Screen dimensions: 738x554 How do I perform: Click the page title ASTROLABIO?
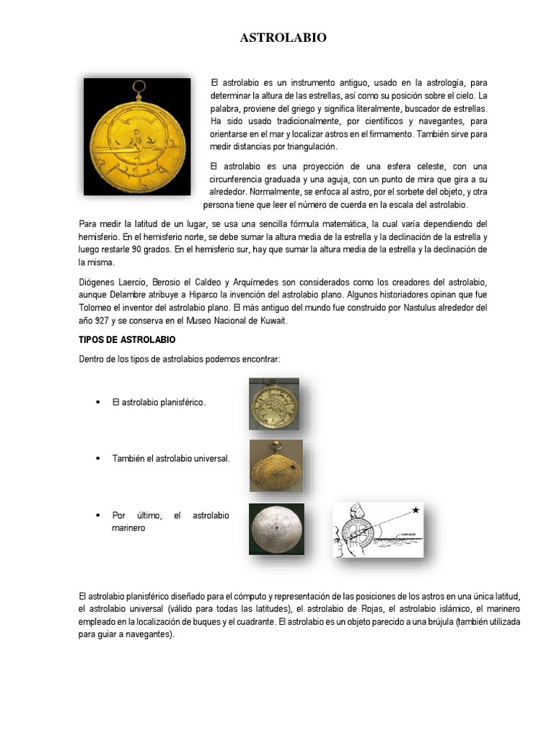tap(283, 38)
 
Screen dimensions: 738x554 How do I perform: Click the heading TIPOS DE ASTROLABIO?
tap(126, 339)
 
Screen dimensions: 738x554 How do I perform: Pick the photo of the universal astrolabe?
tap(276, 466)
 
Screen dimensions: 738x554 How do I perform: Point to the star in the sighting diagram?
tap(415, 510)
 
